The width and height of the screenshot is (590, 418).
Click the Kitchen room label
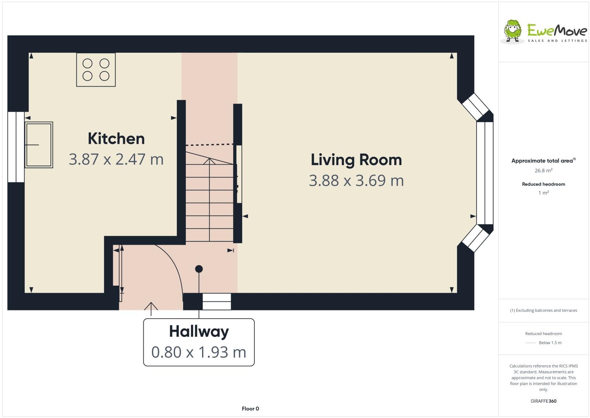[x=116, y=139]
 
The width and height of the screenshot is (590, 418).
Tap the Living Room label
[x=356, y=160]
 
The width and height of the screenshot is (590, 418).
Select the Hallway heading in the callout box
[x=199, y=331]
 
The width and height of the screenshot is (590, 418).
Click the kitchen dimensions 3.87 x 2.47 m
[x=116, y=159]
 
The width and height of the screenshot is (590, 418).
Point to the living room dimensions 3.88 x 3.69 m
[x=356, y=180]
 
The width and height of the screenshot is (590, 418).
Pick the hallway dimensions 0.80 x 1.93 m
[x=199, y=352]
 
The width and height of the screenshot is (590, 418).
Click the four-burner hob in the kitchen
[x=96, y=70]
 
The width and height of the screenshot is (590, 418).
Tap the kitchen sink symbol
[x=39, y=145]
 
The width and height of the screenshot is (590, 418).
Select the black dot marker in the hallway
[x=199, y=269]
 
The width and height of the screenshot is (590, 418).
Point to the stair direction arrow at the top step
[x=209, y=161]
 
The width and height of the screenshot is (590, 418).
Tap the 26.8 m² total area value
[x=543, y=171]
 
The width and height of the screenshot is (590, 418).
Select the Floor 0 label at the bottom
[x=250, y=409]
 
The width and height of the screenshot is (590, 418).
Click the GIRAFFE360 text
[x=544, y=401]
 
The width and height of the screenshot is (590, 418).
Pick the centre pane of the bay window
[x=485, y=173]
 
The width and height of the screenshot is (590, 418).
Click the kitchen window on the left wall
[x=16, y=147]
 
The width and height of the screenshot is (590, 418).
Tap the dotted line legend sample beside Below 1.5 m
[x=530, y=343]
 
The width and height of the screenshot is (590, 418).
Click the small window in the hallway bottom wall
[x=217, y=302]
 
